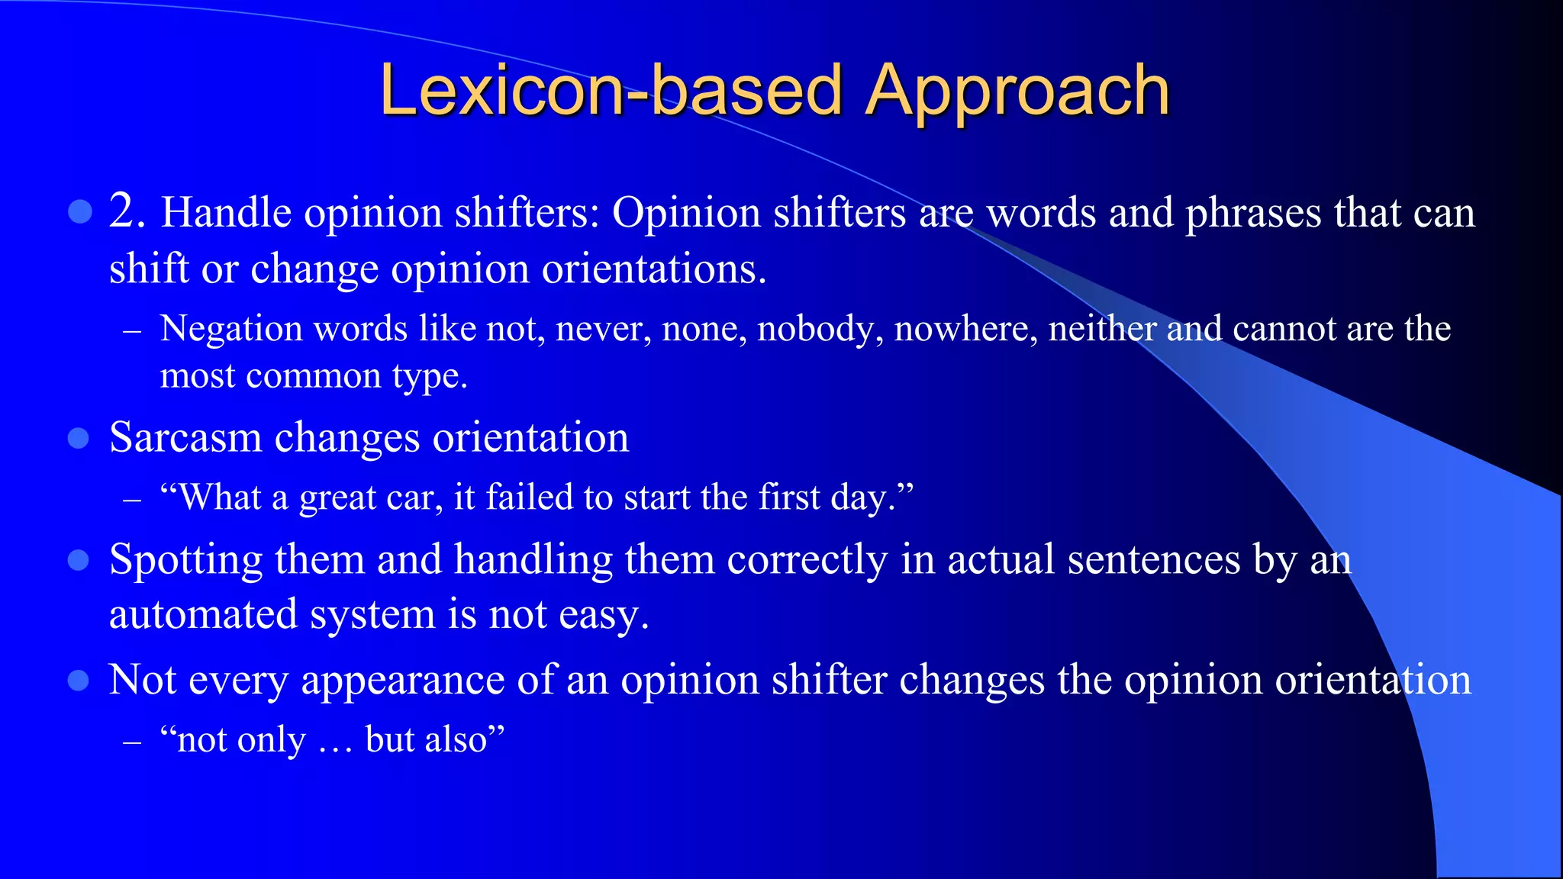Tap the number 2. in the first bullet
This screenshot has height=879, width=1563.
[127, 211]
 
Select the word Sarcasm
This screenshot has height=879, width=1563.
[185, 438]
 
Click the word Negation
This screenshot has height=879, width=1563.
[231, 330]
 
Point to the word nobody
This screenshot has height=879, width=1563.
[819, 330]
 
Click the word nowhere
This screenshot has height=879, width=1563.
[965, 330]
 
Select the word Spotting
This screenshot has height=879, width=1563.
[185, 561]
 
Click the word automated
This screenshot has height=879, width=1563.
[203, 615]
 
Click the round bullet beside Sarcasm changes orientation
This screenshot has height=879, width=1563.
[79, 439]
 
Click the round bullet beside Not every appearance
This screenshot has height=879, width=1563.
[79, 680]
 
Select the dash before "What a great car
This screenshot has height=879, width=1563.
[132, 501]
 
